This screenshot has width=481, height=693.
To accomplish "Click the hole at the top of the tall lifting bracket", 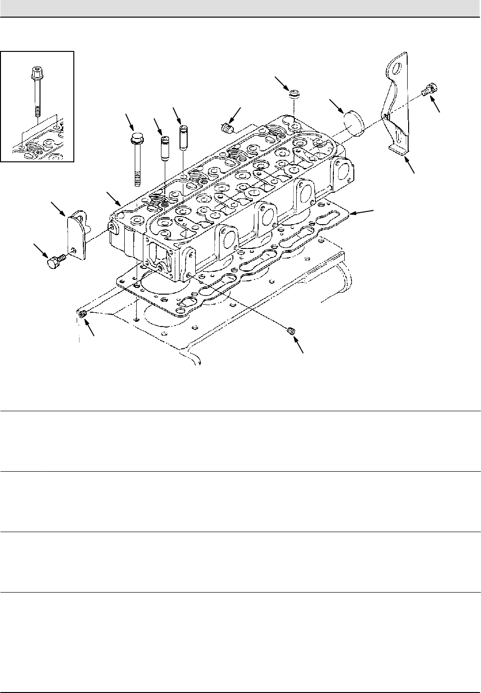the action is click(x=398, y=63).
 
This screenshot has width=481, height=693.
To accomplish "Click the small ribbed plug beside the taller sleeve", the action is click(x=226, y=128).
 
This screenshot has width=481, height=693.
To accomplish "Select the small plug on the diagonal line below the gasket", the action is click(x=292, y=331).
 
